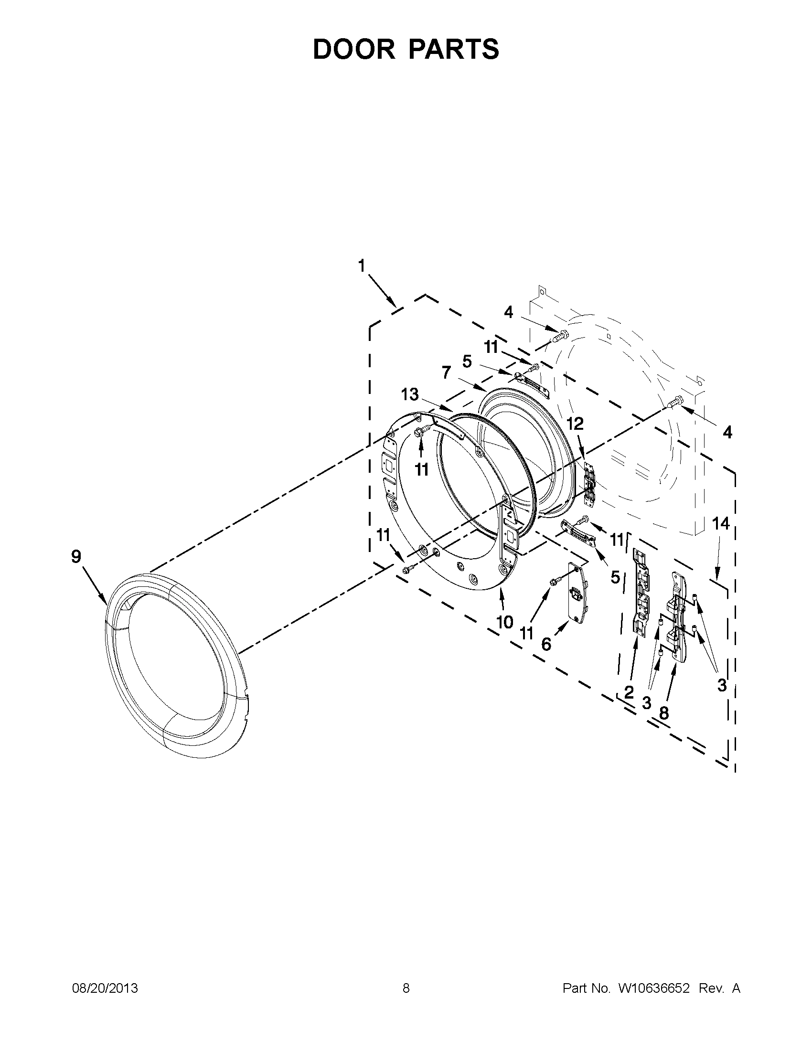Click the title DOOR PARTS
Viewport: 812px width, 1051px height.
[406, 49]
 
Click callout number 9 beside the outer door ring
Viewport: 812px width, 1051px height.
[76, 557]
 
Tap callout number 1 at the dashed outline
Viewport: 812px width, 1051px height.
[361, 265]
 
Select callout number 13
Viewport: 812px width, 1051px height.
[410, 394]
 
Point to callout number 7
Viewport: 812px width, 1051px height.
[446, 372]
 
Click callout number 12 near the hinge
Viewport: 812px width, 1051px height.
[575, 424]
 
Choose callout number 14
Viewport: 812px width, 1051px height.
[721, 523]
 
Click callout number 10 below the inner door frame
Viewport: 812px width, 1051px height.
[504, 622]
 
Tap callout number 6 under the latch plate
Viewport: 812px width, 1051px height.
[546, 644]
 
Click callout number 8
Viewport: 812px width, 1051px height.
[664, 713]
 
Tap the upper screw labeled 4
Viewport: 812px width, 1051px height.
[560, 335]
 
